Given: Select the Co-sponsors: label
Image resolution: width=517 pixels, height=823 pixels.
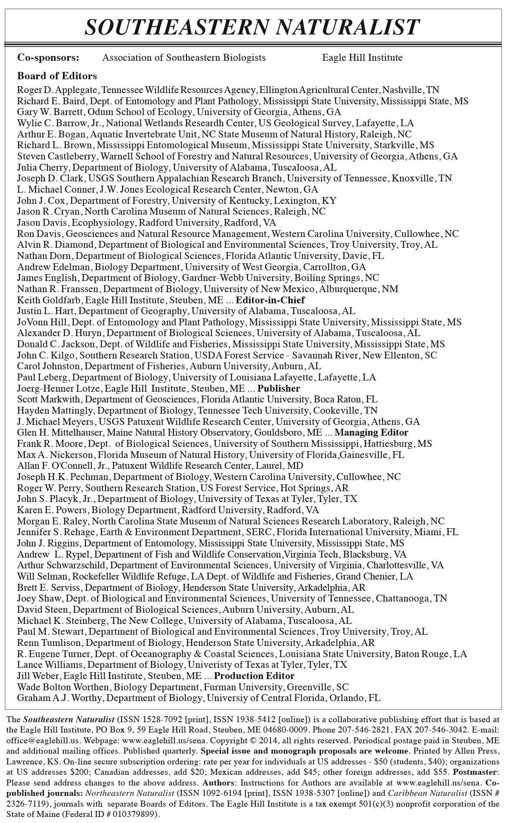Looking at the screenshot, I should (48, 58).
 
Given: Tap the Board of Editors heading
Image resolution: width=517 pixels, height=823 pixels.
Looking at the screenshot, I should (57, 76).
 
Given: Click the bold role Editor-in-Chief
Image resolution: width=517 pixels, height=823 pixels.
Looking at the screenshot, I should (270, 300).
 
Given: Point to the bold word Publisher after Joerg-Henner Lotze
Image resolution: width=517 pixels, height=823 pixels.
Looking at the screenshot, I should (279, 389).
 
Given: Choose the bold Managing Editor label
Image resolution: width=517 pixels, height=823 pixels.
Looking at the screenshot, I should (371, 433).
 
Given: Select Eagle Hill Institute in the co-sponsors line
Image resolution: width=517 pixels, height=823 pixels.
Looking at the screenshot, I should (362, 58).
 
